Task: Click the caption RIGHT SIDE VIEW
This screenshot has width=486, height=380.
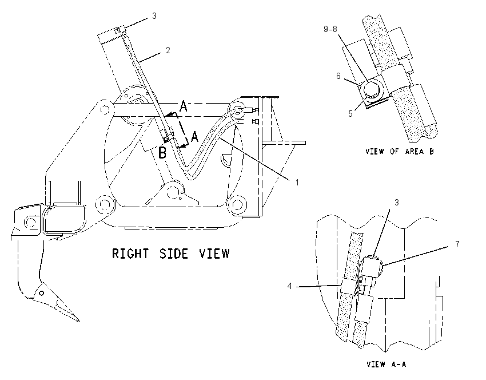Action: coord(170,254)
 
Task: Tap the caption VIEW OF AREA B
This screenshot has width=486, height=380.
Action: coord(400,152)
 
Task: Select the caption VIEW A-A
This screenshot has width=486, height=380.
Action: coord(386,364)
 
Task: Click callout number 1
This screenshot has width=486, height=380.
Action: coord(297,183)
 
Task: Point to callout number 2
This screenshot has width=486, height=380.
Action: coord(168,50)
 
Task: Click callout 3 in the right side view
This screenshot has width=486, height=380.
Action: coord(154,16)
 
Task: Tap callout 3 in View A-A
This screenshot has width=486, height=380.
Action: coord(396,203)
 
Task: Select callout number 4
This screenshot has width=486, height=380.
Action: coord(289,286)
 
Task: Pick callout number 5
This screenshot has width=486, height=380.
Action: coord(350,113)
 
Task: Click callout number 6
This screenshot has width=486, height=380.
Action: coord(338,76)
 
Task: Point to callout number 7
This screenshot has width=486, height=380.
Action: coord(457,244)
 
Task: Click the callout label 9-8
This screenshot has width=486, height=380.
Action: coord(330,29)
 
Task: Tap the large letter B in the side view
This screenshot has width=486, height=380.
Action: coord(162,153)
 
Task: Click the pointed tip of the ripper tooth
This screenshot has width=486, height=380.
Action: coord(78,321)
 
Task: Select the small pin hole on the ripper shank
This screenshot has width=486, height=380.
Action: coord(42,293)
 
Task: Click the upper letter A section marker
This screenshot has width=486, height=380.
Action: coord(184,106)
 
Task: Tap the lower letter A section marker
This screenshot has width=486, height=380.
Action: coord(194,136)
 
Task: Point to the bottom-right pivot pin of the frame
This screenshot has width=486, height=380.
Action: coord(237,205)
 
